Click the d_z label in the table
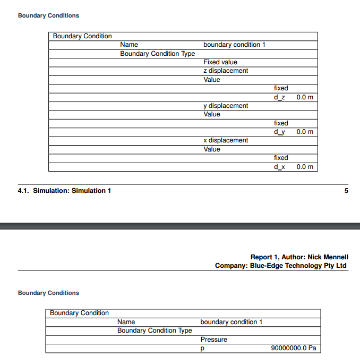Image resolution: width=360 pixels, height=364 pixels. pyautogui.click(x=279, y=97)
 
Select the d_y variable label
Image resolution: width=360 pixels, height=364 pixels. pyautogui.click(x=279, y=132)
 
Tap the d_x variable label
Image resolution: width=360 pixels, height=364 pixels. pyautogui.click(x=279, y=167)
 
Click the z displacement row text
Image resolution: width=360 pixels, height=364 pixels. pyautogui.click(x=226, y=71)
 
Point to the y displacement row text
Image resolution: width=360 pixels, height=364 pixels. pyautogui.click(x=226, y=106)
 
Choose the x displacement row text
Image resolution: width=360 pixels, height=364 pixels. pyautogui.click(x=226, y=140)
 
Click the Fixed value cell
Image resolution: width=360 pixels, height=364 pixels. pyautogui.click(x=220, y=62)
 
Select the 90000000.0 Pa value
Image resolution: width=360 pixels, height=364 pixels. pyautogui.click(x=294, y=349)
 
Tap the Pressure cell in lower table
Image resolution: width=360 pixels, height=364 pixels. pyautogui.click(x=213, y=340)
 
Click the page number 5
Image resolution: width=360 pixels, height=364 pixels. pyautogui.click(x=346, y=191)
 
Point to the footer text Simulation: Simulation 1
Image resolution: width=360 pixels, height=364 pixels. pyautogui.click(x=72, y=191)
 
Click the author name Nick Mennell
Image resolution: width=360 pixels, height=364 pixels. pyautogui.click(x=328, y=257)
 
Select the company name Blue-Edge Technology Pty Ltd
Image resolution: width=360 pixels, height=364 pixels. pyautogui.click(x=298, y=266)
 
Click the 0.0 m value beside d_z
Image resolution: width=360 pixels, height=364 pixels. pyautogui.click(x=305, y=97)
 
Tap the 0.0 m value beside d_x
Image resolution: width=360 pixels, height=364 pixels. pyautogui.click(x=305, y=167)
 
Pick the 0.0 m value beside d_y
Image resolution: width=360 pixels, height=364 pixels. pyautogui.click(x=305, y=132)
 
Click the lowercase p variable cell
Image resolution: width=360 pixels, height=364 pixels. pyautogui.click(x=202, y=349)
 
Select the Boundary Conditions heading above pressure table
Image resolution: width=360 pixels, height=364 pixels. pyautogui.click(x=48, y=293)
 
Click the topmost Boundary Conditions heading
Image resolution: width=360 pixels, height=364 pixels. pyautogui.click(x=48, y=16)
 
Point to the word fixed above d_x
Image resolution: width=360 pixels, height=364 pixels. pyautogui.click(x=281, y=158)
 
